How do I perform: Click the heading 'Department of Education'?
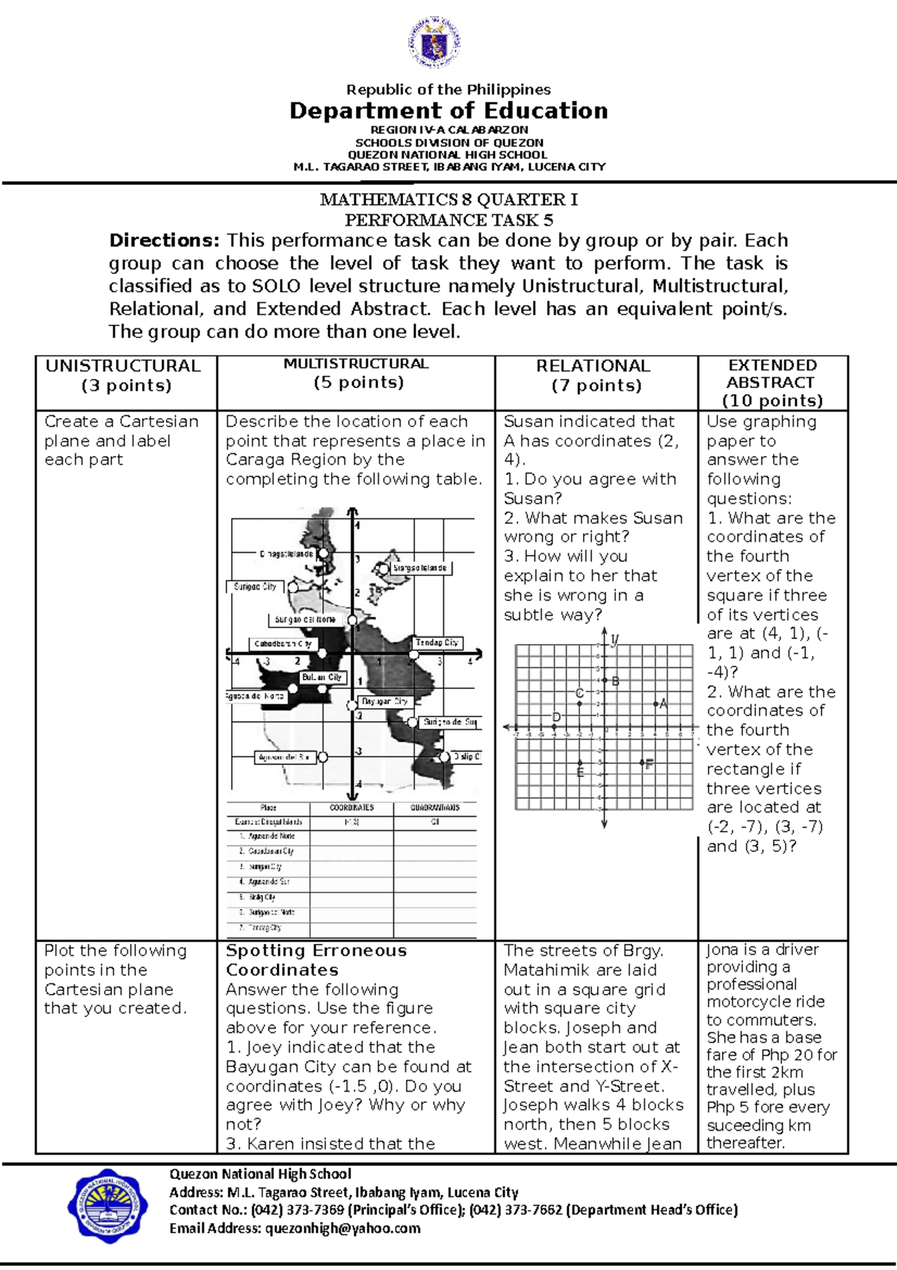point(449,111)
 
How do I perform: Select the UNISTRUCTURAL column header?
point(123,366)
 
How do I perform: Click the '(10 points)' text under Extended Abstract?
point(772,400)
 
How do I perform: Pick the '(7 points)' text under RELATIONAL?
point(597,385)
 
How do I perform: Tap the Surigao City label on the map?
point(254,587)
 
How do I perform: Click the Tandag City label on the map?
point(437,642)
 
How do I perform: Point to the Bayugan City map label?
point(385,702)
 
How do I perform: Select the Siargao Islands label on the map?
point(420,568)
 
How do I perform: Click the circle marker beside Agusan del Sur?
point(323,757)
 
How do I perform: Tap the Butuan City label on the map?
point(322,677)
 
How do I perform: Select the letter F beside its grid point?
point(650,764)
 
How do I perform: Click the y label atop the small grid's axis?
point(615,639)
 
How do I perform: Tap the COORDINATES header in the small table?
point(351,808)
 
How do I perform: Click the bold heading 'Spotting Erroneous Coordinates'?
point(316,960)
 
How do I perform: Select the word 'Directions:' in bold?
point(164,241)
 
